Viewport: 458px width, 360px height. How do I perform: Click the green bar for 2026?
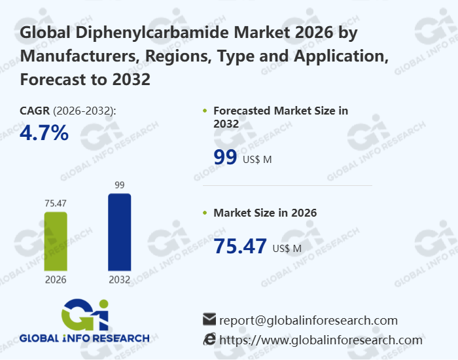point(56,241)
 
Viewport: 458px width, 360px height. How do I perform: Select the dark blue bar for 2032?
point(119,232)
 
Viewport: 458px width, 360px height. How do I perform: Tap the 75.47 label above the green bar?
point(56,204)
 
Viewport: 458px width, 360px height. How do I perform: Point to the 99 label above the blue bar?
point(119,185)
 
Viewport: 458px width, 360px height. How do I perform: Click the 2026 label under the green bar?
point(56,280)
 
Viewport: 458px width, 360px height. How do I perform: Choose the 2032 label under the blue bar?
point(119,280)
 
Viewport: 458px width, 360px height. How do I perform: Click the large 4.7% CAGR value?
point(44,133)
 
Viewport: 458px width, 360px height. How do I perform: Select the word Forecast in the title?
point(53,80)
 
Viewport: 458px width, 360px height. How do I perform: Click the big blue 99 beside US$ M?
point(226,158)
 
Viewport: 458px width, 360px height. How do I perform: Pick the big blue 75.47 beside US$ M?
point(240,246)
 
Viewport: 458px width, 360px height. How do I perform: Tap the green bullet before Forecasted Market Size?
point(205,111)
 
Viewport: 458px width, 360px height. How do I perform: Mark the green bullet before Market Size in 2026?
point(205,213)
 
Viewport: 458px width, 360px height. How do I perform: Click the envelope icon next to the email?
point(209,320)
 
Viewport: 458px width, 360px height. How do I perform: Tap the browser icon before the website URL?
point(209,339)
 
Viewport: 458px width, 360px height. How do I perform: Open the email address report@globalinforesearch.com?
point(308,320)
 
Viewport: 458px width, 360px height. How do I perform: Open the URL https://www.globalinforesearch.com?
point(321,340)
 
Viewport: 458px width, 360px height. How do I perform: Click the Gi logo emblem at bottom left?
point(84,314)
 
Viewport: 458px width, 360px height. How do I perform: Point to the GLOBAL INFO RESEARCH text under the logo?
point(84,338)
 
